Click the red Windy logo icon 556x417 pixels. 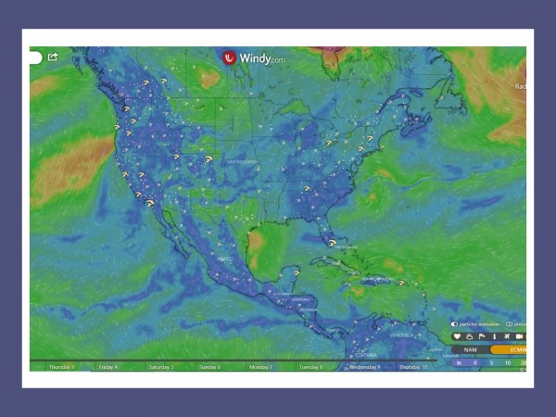230,57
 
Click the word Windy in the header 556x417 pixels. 255,57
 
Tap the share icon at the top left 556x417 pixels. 53,57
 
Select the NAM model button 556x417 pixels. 471,349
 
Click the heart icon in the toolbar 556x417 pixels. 457,336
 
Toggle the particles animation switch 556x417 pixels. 455,324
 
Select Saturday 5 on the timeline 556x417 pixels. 160,367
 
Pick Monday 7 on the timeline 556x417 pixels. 260,367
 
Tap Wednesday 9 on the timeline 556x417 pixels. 364,367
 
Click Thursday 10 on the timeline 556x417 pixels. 412,367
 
